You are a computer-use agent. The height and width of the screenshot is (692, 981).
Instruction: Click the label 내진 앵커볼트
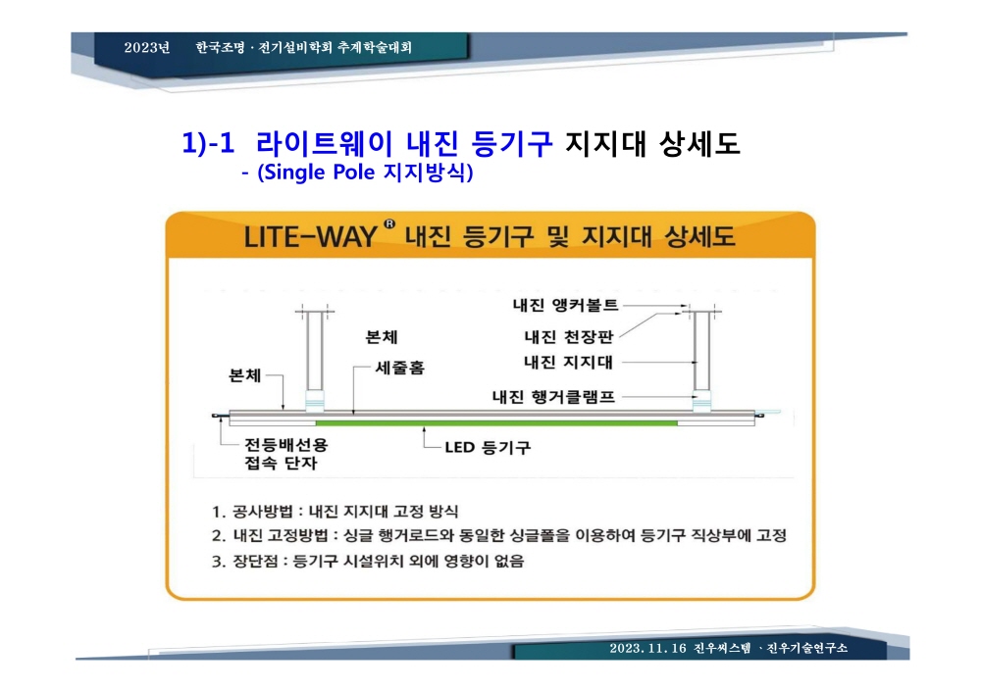[565, 305]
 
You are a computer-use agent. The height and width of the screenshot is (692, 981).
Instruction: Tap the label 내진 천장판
[568, 337]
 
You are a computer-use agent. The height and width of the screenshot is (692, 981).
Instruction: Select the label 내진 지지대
[568, 363]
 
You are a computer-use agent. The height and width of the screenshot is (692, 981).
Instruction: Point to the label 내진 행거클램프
[553, 396]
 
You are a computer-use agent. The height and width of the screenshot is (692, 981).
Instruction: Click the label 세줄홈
[400, 368]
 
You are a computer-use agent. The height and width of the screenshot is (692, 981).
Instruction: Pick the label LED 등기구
[488, 448]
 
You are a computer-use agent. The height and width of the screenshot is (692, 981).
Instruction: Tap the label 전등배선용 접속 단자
[285, 454]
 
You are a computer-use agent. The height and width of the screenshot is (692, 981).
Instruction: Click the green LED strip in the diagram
[496, 423]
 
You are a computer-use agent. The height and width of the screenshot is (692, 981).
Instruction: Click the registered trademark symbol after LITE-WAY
[389, 223]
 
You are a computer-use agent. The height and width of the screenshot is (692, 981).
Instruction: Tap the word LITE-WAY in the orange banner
[310, 237]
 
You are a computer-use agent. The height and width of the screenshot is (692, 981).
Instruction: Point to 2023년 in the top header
[147, 47]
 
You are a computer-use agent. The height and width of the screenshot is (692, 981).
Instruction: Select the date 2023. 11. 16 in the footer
[647, 648]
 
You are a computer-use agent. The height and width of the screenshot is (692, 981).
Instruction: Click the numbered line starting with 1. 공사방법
[335, 512]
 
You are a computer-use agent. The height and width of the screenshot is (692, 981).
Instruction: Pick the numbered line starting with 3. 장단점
[368, 561]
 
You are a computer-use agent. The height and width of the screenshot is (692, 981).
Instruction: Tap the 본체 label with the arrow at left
[244, 375]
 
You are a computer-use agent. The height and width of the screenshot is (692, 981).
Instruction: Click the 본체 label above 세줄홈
[381, 337]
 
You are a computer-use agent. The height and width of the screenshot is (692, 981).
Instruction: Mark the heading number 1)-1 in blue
[208, 143]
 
